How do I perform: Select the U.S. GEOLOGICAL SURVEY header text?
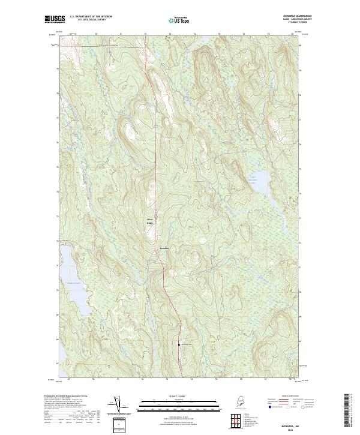coord(91,19)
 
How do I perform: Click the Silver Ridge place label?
coord(151,221)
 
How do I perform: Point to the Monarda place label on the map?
coord(164,248)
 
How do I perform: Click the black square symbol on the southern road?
coord(178,344)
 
